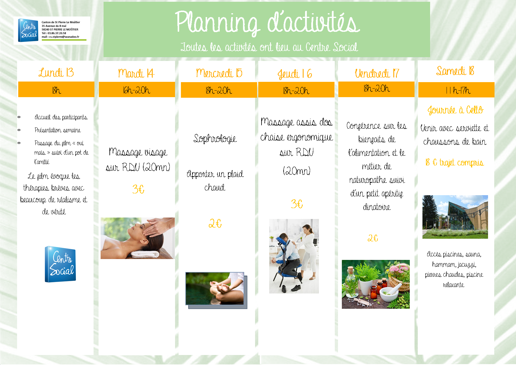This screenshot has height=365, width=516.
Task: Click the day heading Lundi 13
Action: tap(56, 72)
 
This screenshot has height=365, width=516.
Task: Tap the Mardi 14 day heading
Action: tap(136, 73)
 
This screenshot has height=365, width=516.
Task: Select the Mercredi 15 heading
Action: tap(219, 73)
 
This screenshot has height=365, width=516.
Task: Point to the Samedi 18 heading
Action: tap(455, 71)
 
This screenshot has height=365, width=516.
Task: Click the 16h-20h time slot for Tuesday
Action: tap(137, 90)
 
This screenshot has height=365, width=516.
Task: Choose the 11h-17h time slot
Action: tap(458, 90)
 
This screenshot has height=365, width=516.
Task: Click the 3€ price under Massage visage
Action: tap(138, 189)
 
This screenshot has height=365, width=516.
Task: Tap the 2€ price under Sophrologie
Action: tap(215, 224)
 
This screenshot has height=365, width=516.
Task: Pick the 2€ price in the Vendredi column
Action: tap(373, 238)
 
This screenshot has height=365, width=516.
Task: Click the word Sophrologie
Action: tap(215, 138)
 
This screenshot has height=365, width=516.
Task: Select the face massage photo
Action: tap(138, 238)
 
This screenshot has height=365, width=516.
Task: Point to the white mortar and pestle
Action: tap(390, 293)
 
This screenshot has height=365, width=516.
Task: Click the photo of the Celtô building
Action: tap(455, 217)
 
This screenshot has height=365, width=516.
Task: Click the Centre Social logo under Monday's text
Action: tap(60, 264)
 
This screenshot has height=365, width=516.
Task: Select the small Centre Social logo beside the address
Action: tap(28, 30)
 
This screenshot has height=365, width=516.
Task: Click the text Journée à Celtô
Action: tap(455, 110)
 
